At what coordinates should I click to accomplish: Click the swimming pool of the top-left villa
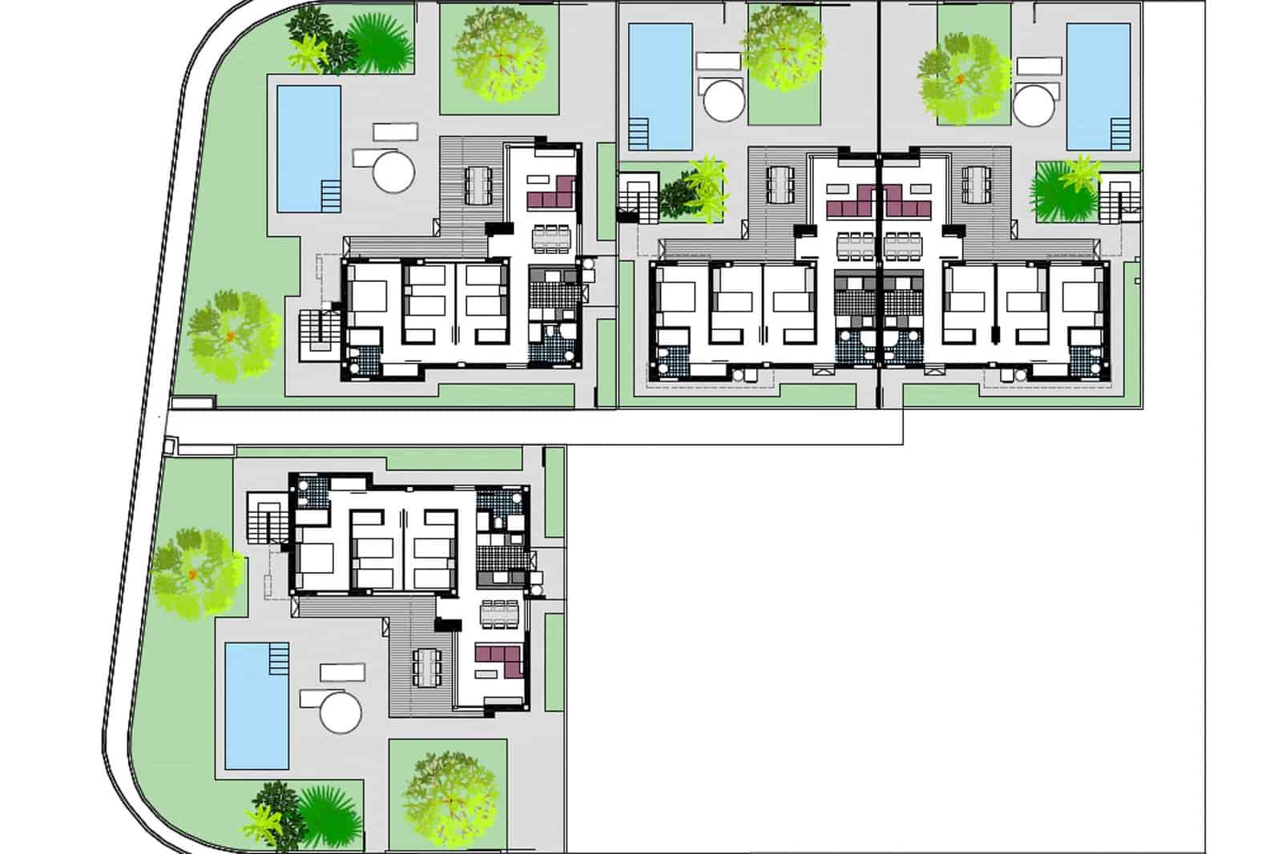(x=308, y=148)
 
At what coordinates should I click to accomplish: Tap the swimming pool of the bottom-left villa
(x=256, y=705)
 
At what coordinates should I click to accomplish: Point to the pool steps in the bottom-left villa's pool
(x=277, y=659)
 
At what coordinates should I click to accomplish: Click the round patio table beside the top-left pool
(x=393, y=171)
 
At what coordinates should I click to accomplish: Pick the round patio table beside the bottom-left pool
(x=340, y=709)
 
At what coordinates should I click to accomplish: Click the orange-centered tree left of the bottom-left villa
(x=195, y=573)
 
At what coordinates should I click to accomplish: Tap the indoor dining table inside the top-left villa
(x=550, y=237)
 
